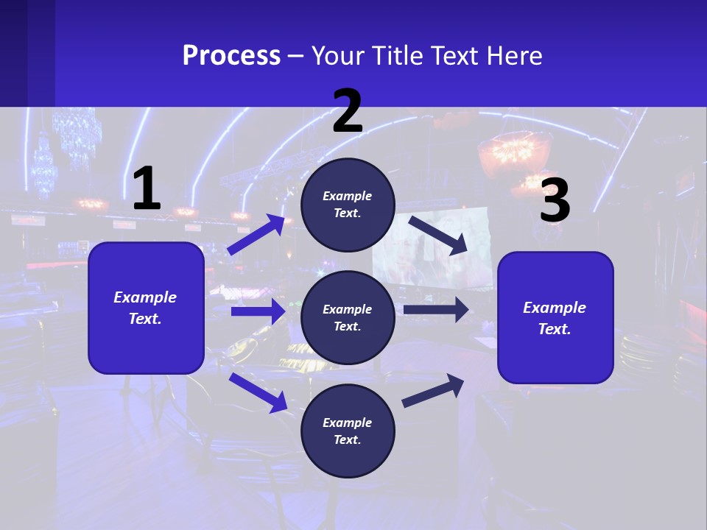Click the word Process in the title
click(231, 56)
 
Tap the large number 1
click(147, 189)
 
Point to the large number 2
click(348, 111)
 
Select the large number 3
click(555, 201)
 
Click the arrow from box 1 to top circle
click(256, 234)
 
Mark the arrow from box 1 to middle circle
click(258, 311)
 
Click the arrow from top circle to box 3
click(438, 235)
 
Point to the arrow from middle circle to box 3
click(436, 309)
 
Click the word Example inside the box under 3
click(555, 308)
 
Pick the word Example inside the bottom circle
click(348, 423)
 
